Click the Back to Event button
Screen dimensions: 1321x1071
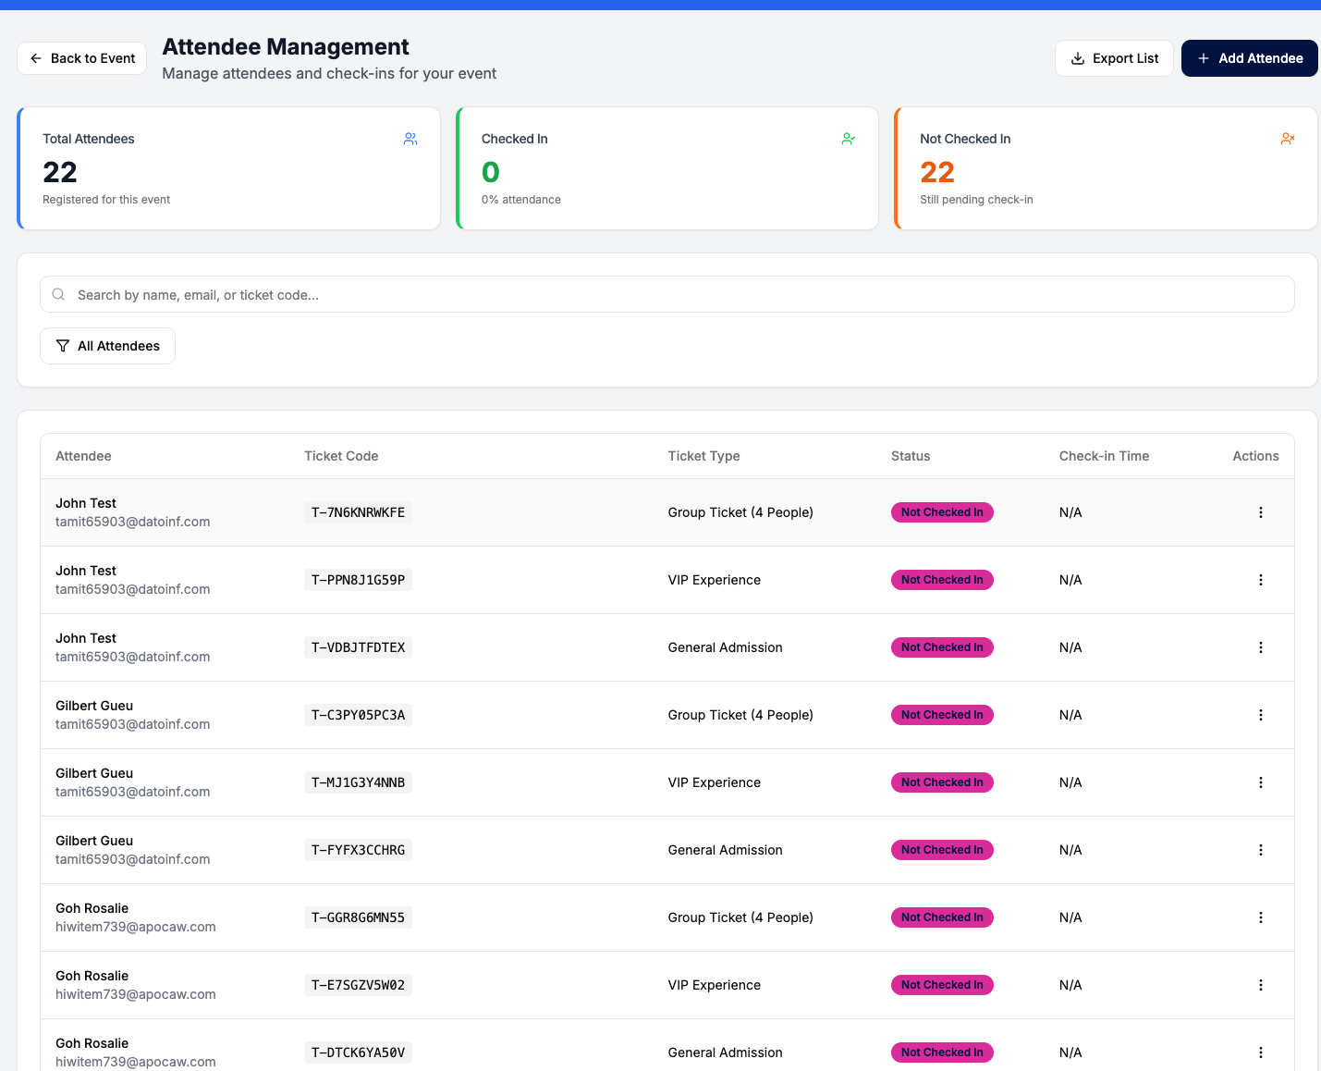(x=82, y=58)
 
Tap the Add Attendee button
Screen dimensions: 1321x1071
(x=1249, y=58)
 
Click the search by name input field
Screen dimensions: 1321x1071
(x=667, y=295)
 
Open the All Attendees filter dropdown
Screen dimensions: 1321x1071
(x=108, y=346)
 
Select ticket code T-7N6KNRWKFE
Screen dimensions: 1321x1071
(x=358, y=512)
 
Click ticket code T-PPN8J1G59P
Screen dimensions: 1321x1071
(x=358, y=580)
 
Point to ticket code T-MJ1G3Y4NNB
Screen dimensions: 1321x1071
(x=358, y=783)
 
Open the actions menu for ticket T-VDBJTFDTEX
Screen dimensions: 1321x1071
(x=1261, y=647)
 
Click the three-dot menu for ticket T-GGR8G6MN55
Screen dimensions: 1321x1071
(x=1261, y=917)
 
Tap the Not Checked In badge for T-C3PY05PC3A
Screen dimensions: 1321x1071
(x=942, y=715)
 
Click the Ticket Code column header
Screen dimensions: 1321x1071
(x=341, y=456)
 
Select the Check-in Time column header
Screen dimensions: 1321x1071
(x=1104, y=456)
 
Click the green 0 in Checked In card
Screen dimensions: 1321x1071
(x=491, y=173)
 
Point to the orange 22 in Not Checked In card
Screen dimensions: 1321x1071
(x=937, y=173)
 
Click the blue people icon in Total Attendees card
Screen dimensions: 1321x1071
(x=410, y=139)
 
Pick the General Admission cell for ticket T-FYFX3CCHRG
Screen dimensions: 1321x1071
(x=725, y=850)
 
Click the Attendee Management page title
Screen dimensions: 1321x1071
(x=286, y=47)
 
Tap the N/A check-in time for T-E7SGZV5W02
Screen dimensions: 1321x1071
(x=1070, y=985)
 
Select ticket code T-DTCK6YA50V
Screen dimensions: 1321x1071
(x=358, y=1053)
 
